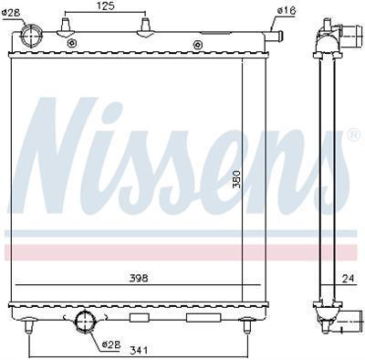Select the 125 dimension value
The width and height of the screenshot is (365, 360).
pyautogui.click(x=105, y=7)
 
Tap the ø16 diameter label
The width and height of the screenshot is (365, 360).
pyautogui.click(x=286, y=10)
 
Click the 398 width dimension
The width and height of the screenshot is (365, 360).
pyautogui.click(x=138, y=277)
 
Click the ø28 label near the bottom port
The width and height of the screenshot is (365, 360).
pyautogui.click(x=110, y=344)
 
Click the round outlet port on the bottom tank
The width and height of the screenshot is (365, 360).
pyautogui.click(x=87, y=322)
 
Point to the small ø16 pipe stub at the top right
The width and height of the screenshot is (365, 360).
pyautogui.click(x=278, y=37)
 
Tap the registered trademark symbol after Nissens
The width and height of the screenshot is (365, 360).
pyautogui.click(x=352, y=135)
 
